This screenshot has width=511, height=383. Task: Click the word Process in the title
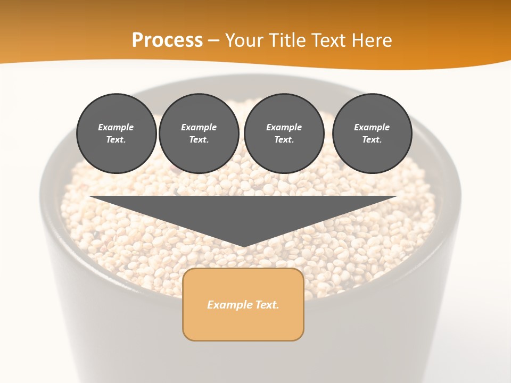(x=167, y=40)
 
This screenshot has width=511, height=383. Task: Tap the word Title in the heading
(x=289, y=40)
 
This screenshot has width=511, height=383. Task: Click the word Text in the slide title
(x=329, y=40)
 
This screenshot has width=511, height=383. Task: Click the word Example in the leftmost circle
(x=116, y=128)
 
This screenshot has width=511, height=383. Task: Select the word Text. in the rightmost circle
(x=372, y=139)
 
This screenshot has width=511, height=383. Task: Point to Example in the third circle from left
(x=284, y=128)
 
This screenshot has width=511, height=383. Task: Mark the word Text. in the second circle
(x=199, y=139)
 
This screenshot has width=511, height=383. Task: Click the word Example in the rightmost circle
(x=372, y=128)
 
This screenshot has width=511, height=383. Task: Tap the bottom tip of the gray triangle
(x=243, y=246)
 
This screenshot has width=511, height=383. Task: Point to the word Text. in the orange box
(x=266, y=305)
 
